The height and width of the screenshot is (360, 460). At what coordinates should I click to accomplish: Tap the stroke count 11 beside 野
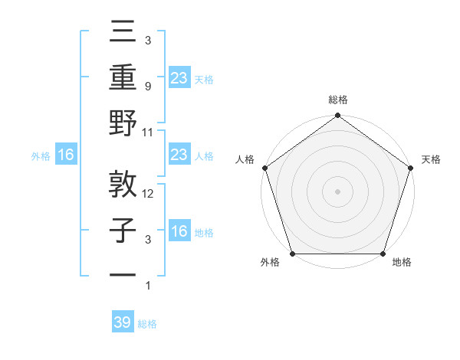pos(149,132)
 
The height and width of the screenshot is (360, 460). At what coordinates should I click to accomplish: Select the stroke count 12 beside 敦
pos(149,194)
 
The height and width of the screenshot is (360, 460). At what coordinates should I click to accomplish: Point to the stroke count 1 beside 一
pos(148,286)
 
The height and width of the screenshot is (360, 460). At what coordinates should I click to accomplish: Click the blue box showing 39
pos(123,323)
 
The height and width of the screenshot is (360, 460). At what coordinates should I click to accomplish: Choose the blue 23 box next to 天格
pos(179,77)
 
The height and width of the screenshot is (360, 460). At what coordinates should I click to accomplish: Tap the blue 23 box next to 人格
pos(179,155)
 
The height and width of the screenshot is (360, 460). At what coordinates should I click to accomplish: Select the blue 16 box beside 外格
pos(65,155)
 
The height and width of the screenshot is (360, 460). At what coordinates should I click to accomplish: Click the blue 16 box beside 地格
pos(179,232)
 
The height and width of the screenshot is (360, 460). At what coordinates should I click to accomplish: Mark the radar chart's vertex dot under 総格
pos(337,116)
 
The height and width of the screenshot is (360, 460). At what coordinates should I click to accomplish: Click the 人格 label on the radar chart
pos(245,159)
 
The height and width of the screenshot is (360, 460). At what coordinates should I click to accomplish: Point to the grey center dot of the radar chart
pos(337,191)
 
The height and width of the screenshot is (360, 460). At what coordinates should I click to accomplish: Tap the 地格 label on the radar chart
pos(402,263)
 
